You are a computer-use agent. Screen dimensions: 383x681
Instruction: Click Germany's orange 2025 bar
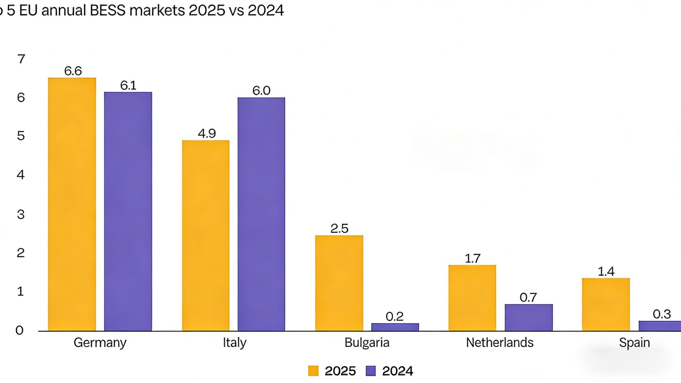tap(72, 204)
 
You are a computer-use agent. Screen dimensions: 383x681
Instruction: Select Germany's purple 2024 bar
tap(128, 211)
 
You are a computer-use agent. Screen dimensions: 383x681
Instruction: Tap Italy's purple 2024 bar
tap(261, 214)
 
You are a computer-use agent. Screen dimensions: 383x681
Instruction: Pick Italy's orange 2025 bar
tap(206, 236)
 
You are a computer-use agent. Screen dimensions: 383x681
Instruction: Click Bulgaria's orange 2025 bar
tap(339, 283)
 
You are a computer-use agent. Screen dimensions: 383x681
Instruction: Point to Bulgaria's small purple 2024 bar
tap(395, 327)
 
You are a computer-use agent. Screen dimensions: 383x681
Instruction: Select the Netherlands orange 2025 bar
tap(472, 298)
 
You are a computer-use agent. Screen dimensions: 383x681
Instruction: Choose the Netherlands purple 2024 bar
tap(529, 317)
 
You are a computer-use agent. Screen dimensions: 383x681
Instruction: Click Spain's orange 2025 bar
tap(606, 304)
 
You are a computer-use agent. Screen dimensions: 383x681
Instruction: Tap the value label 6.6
tap(73, 71)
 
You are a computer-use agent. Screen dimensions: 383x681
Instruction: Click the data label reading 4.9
tap(207, 133)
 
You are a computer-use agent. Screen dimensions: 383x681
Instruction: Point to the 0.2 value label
tap(395, 317)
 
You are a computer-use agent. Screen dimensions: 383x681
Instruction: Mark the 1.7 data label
tap(472, 258)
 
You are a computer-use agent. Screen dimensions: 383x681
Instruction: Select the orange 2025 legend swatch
tap(313, 371)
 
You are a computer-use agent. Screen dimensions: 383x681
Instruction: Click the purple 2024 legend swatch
tap(371, 371)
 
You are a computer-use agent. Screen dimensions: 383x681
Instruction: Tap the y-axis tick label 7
tap(21, 59)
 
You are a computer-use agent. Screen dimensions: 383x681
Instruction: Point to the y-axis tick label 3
tap(21, 214)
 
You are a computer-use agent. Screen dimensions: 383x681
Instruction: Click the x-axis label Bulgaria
tap(367, 343)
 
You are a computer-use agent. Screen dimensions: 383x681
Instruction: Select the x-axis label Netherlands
tap(500, 343)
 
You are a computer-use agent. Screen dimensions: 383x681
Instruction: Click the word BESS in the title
tap(108, 10)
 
